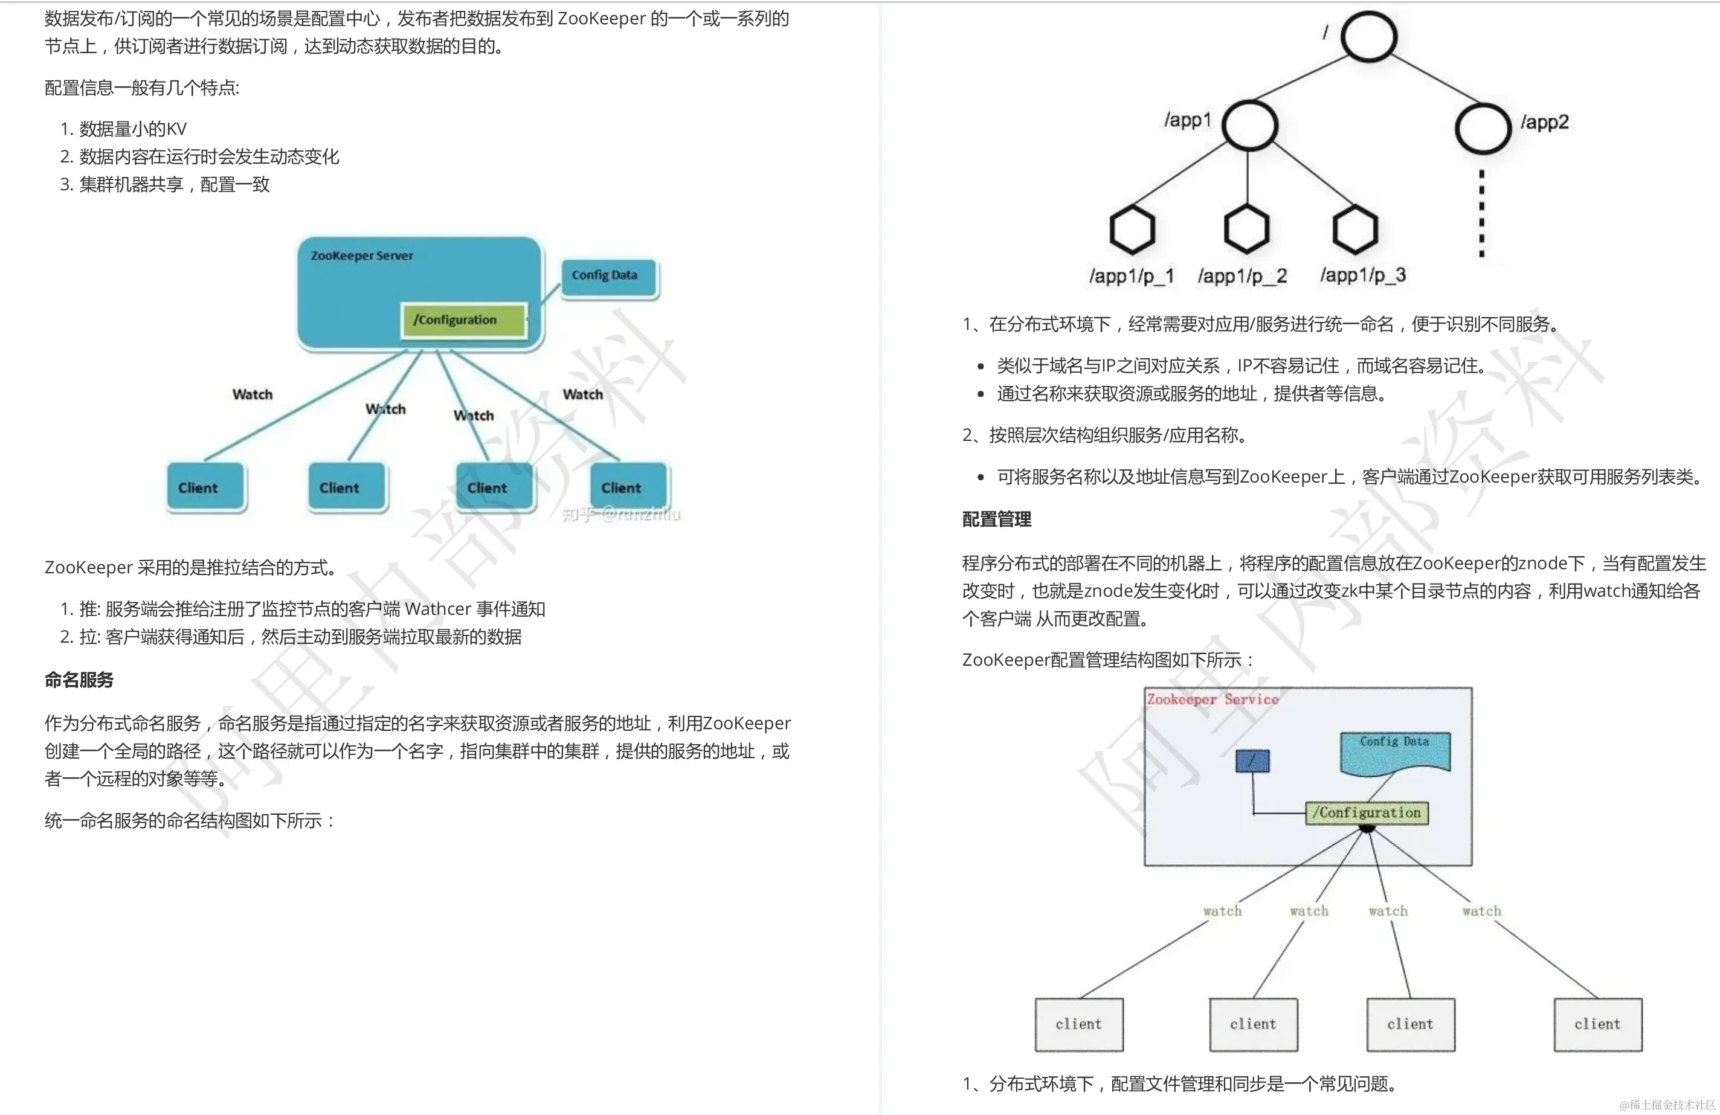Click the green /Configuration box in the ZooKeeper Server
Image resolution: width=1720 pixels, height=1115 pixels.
click(463, 320)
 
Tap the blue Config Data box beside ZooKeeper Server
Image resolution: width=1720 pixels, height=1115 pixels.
click(609, 277)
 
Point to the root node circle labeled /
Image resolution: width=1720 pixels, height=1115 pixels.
click(1368, 37)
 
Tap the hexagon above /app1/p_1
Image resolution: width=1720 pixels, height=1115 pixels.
click(1132, 229)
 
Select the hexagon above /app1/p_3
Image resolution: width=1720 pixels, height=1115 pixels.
click(1355, 229)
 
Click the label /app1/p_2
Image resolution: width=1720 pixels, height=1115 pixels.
click(1242, 276)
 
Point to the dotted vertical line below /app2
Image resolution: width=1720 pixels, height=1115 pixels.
click(1481, 214)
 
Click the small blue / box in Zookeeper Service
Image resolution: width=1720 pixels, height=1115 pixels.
click(1252, 761)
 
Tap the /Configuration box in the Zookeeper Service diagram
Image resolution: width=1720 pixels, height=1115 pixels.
click(1367, 813)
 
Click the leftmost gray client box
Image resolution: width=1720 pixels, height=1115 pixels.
click(1079, 1024)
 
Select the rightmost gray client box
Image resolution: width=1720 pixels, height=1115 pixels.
click(1598, 1024)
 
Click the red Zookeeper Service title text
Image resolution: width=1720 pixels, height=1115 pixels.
click(1213, 699)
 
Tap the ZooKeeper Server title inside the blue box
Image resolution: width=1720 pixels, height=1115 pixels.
click(362, 256)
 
